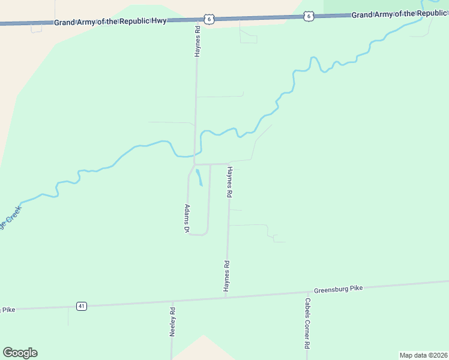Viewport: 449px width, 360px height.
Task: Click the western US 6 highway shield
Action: coord(208,19)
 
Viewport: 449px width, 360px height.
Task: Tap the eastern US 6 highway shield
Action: coord(309,16)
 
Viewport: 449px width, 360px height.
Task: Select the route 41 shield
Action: coord(82,306)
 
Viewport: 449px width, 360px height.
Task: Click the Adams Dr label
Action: coord(187,219)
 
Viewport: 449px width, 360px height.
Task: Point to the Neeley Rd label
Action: coord(172,322)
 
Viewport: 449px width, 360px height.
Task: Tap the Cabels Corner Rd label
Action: coord(307,324)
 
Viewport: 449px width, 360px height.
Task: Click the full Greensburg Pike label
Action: coord(339,289)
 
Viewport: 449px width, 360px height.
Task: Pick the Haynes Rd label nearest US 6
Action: coord(197,41)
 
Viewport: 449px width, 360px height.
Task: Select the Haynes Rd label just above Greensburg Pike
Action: coord(227,277)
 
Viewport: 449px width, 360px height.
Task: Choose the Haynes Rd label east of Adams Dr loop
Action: coord(229,182)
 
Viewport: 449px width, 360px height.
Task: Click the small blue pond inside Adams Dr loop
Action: coord(199,178)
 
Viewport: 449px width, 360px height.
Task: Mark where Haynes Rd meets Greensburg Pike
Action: coord(226,296)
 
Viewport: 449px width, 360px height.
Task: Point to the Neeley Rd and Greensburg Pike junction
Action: coord(172,301)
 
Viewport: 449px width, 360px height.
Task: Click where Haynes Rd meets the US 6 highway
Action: coord(197,20)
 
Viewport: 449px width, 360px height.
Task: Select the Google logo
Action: coord(20,353)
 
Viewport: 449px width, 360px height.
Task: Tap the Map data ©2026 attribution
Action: coord(423,355)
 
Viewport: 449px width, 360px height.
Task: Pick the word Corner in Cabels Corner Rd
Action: coord(307,326)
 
